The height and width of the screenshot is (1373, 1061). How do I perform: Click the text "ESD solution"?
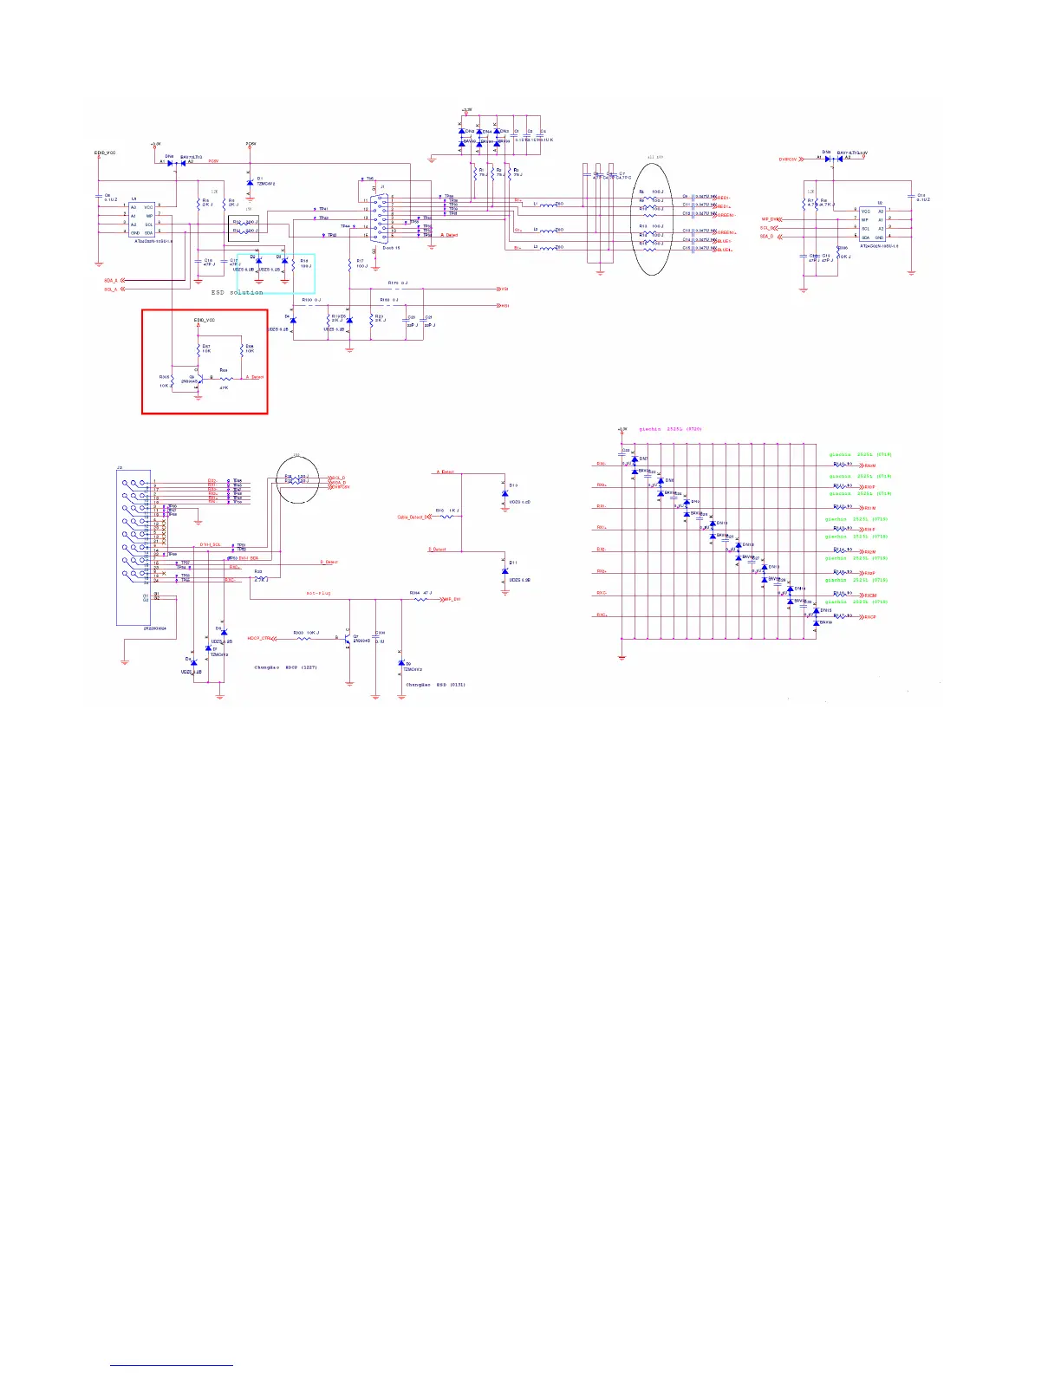238,292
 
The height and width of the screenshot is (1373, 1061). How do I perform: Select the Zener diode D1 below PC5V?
251,183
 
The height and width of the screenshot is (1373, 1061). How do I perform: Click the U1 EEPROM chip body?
141,221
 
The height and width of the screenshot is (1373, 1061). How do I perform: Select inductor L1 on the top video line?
548,205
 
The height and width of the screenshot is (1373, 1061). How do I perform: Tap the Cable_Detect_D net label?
413,517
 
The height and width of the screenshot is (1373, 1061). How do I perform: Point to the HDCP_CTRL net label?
260,639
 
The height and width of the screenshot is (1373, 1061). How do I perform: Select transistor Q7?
348,638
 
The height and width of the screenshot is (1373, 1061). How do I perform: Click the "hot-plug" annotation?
318,594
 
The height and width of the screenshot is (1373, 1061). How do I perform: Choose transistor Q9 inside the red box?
196,378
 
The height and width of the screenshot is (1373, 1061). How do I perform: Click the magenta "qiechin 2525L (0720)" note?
670,429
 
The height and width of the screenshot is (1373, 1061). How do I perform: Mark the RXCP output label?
869,617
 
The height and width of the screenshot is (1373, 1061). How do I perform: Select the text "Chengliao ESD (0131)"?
435,685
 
